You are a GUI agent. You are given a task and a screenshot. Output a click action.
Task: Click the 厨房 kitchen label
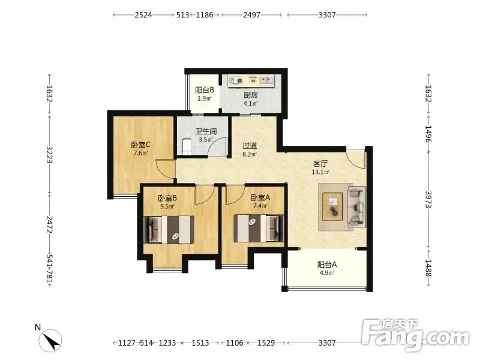251,95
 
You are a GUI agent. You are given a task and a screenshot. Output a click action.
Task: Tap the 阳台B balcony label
205,90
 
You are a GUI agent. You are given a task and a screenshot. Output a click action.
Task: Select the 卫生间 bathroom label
206,131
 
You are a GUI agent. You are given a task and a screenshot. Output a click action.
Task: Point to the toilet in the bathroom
187,146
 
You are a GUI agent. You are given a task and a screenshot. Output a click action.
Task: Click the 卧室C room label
140,145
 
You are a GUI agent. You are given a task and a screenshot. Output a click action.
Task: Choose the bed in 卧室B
169,230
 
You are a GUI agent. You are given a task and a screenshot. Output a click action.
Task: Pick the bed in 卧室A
259,229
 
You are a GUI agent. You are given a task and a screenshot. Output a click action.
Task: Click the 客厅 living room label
320,163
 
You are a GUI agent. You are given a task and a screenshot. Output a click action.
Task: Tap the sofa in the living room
356,207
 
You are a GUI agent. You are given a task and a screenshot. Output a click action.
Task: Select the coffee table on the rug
333,206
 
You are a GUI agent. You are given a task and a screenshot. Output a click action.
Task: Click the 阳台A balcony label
327,264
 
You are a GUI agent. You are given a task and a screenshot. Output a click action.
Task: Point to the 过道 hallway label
250,146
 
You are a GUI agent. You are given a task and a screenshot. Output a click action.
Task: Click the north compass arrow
51,341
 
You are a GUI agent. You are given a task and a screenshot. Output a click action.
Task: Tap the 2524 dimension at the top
143,14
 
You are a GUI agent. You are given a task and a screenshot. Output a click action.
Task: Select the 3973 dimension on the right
428,200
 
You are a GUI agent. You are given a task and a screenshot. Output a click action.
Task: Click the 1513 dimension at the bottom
200,343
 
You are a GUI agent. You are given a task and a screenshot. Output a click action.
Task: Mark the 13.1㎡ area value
320,172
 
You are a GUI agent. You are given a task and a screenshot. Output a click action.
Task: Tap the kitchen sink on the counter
266,80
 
